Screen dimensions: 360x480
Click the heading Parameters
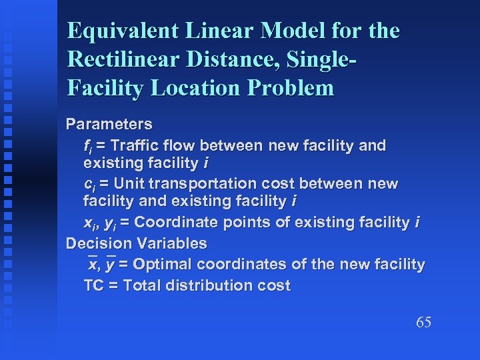(109, 124)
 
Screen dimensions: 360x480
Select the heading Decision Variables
(136, 243)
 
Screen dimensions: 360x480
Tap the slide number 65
(423, 323)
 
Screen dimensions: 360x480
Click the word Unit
(131, 183)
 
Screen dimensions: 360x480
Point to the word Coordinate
(171, 222)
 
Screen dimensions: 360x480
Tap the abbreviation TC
(94, 286)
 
